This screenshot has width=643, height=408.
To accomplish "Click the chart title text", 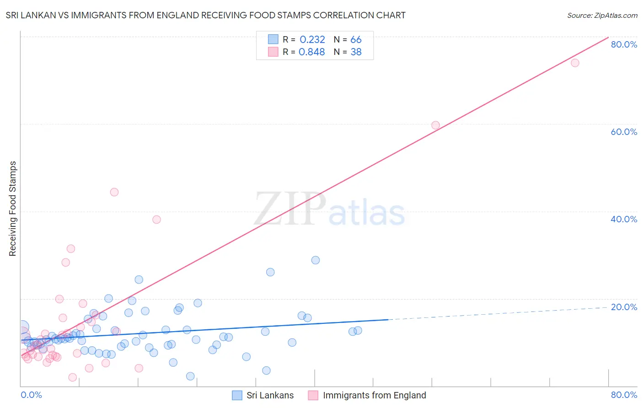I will coord(205,15).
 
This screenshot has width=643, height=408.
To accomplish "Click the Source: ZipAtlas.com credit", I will coord(602,15).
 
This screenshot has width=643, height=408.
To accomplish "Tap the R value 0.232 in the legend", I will coord(312,40).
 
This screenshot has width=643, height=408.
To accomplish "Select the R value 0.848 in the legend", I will coord(311,52).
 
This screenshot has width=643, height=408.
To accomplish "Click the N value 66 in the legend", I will coord(356,40).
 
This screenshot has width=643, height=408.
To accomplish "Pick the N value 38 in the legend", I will coord(356,52).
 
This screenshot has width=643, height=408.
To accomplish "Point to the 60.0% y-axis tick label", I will coord(624,132).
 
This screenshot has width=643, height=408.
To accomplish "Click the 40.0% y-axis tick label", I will coord(624,219).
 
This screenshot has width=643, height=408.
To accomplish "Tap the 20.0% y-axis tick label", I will coord(624,307).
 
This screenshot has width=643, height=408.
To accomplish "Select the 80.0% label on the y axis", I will coord(624,44).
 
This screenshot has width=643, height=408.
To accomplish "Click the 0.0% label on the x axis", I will coord(31,395).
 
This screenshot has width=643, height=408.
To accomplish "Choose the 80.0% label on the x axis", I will coord(624,395).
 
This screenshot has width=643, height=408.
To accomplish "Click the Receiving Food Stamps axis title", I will coord(12,209).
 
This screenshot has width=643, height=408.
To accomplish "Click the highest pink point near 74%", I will coord(575,63).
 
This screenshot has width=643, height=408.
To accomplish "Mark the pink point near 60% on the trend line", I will coord(435,125).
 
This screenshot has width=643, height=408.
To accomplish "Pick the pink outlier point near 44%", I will coord(114,192).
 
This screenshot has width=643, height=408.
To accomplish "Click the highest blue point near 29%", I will coord(316,260).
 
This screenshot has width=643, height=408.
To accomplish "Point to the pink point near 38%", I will coord(156,220).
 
